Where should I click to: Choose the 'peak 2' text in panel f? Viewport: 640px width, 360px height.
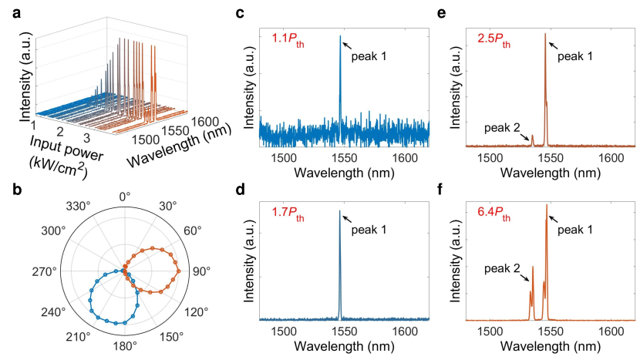(x=502, y=269)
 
